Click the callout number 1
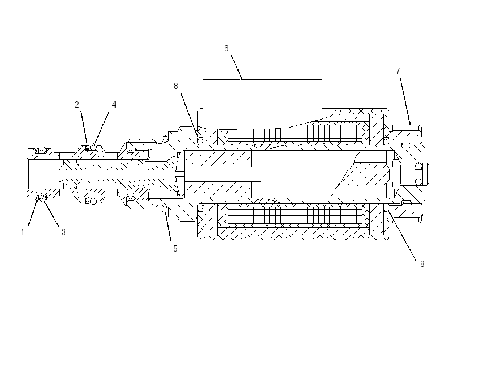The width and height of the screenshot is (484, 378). (23, 232)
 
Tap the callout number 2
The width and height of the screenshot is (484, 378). (77, 105)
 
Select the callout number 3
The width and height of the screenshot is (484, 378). (64, 232)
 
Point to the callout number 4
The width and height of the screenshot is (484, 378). (114, 105)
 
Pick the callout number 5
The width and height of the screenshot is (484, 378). (175, 249)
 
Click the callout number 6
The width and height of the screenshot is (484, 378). (226, 48)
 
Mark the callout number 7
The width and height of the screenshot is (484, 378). (398, 71)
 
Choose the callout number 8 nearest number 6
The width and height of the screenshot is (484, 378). (175, 86)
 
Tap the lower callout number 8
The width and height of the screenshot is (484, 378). (422, 264)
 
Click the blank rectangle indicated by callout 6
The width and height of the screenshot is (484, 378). (262, 98)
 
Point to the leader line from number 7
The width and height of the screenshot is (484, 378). (405, 101)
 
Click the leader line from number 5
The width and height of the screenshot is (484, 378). (169, 227)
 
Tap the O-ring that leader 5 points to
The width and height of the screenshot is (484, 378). (165, 210)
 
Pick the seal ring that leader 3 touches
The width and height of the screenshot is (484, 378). (43, 197)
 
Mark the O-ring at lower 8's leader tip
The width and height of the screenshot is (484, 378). (386, 207)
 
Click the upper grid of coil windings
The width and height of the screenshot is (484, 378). (295, 133)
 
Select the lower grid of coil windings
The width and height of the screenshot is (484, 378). (295, 215)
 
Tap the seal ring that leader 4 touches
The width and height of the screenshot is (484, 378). (93, 147)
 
